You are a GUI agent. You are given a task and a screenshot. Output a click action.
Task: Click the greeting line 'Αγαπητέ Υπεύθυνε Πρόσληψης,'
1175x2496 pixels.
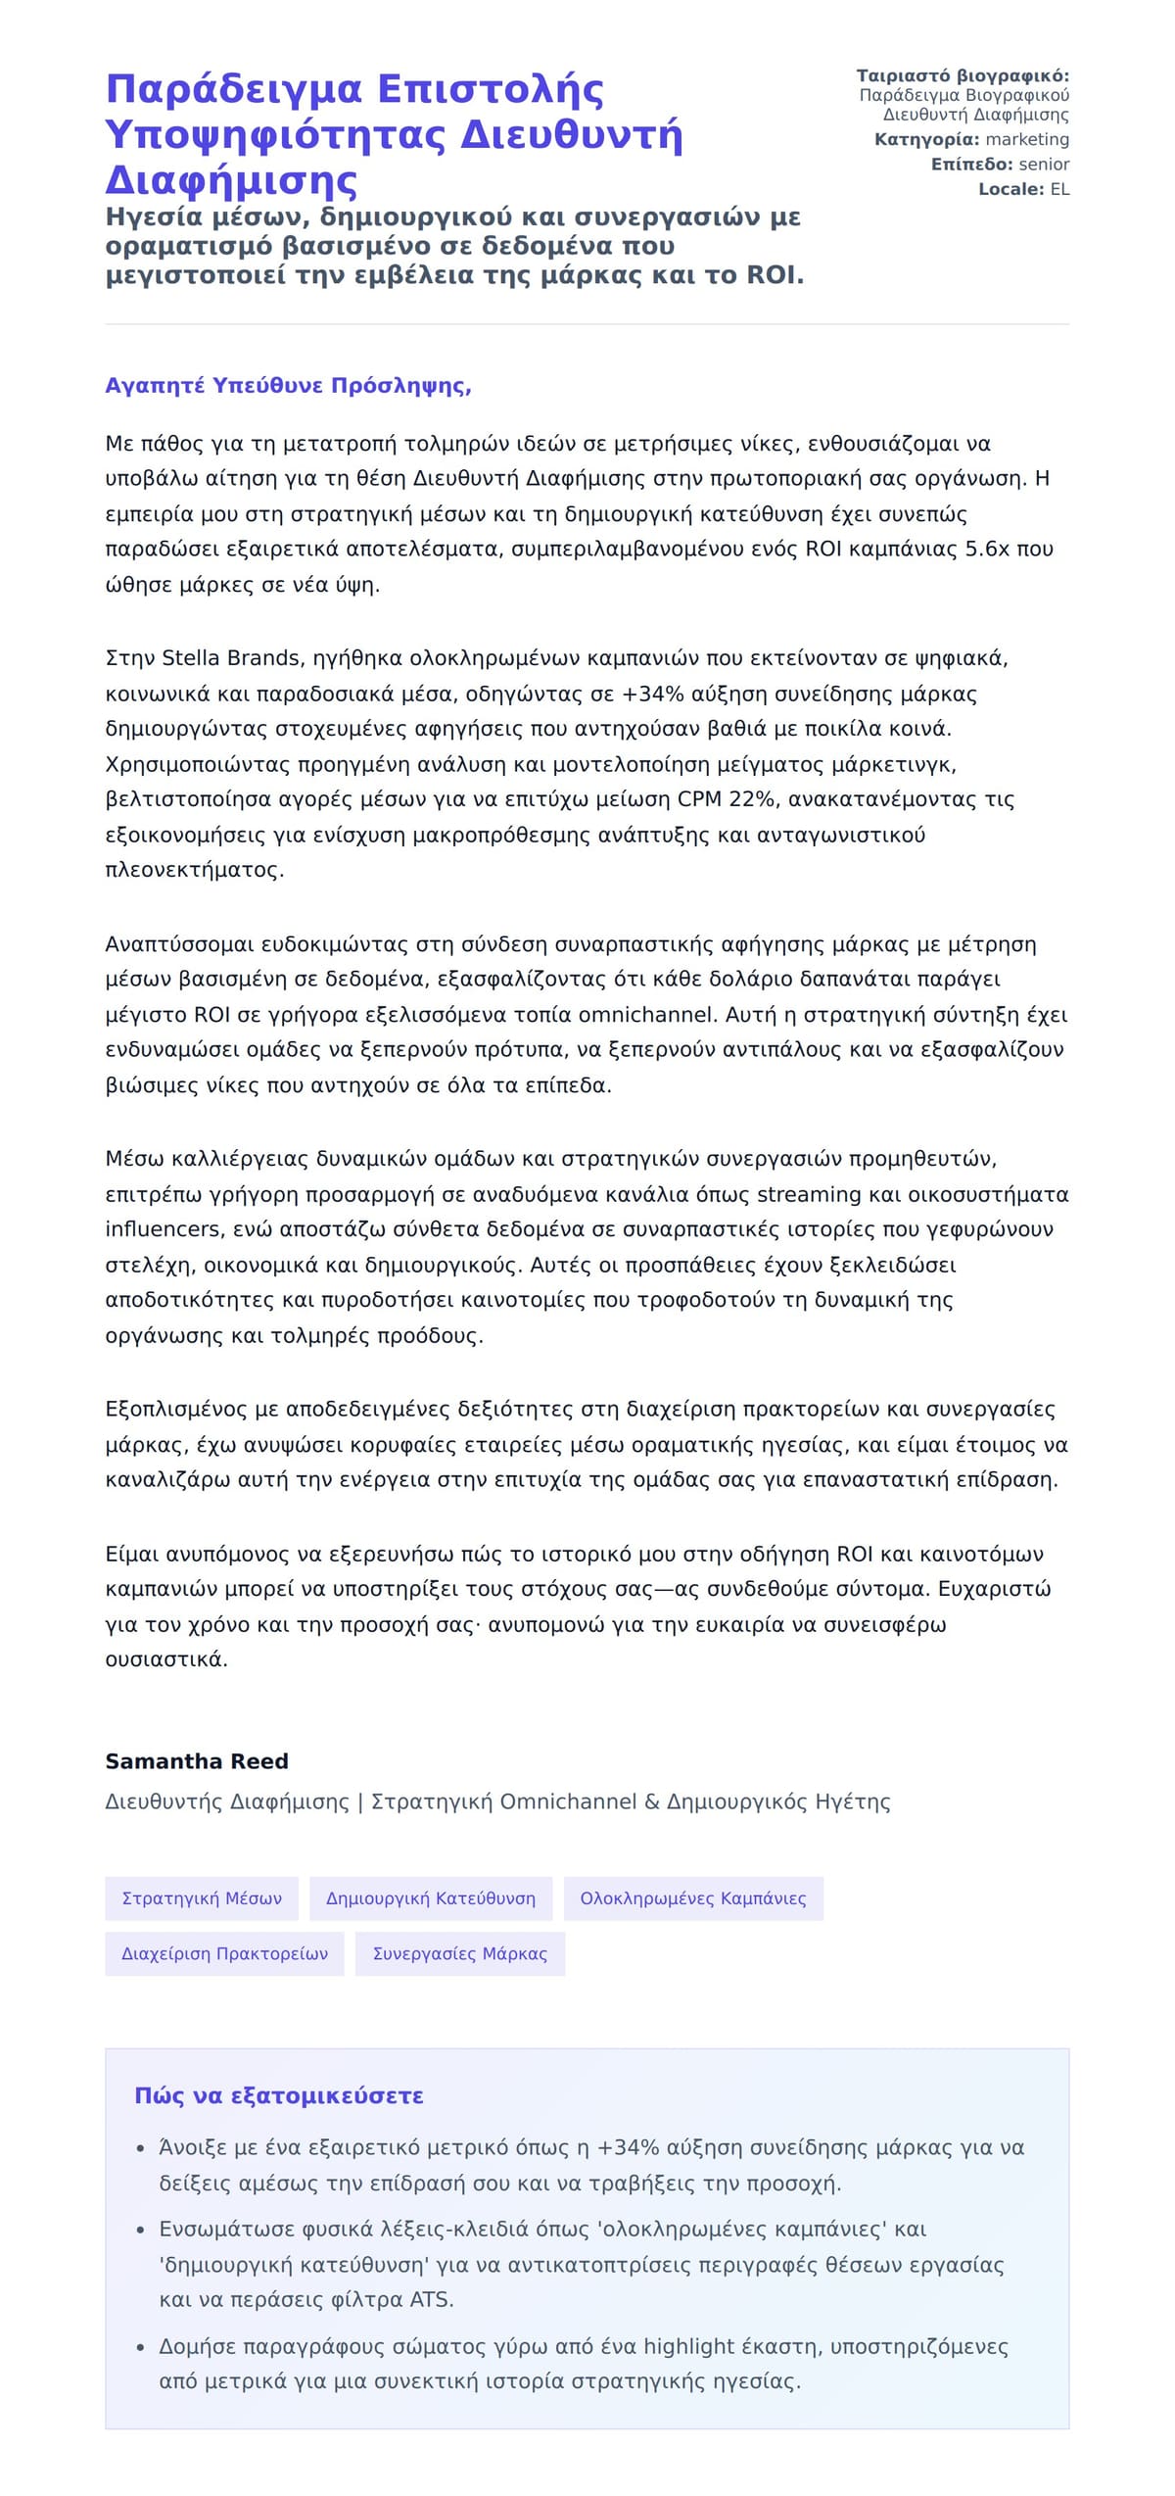point(288,385)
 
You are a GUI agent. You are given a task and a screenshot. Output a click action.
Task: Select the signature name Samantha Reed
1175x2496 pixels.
point(197,1760)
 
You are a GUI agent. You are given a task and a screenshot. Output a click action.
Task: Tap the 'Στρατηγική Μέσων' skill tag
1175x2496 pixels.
point(202,1898)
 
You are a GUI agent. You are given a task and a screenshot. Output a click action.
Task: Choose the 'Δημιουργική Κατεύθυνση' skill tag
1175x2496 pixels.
point(431,1898)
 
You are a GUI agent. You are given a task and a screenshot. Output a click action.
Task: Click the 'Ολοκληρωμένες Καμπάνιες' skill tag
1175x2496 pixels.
point(693,1898)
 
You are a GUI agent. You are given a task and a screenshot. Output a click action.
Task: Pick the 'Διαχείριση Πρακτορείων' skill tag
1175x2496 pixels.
point(224,1953)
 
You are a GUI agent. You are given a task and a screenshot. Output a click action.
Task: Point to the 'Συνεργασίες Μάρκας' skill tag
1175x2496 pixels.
point(460,1953)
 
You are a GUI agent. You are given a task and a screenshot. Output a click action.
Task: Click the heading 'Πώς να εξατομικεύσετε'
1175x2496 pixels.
point(279,2095)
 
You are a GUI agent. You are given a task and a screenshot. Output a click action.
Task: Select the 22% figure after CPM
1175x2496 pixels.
point(752,799)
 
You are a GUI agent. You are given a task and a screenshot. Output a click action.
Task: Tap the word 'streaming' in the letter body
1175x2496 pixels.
point(808,1194)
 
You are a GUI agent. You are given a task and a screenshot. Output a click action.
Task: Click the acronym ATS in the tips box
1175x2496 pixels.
point(432,2299)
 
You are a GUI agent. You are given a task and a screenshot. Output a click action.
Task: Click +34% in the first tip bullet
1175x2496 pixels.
point(628,2147)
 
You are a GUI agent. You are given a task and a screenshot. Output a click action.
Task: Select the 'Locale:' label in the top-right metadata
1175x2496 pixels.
point(1011,189)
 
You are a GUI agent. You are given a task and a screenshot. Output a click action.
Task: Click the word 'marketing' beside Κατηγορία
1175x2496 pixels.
point(1027,140)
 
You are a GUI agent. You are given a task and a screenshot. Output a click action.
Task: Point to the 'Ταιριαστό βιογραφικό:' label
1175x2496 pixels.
point(963,76)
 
